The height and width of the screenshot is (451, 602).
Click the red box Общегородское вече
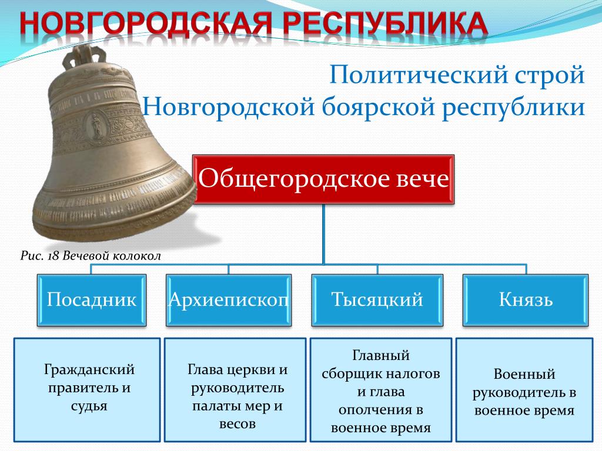tap(323, 179)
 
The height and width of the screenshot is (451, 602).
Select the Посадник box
tap(91, 300)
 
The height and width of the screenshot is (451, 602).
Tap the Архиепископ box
tap(229, 300)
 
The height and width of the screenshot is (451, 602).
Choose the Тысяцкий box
tap(377, 300)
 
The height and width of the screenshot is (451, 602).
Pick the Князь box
tap(526, 300)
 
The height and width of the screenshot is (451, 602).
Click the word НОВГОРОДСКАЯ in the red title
tap(146, 23)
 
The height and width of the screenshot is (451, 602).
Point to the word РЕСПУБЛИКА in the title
tap(386, 23)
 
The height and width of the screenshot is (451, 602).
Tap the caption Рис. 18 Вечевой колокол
tap(91, 256)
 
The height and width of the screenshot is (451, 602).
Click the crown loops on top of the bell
tap(85, 56)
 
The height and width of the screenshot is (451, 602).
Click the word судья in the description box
tap(89, 406)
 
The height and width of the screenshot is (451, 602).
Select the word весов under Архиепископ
tap(238, 424)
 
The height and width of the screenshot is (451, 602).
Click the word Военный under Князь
tap(524, 374)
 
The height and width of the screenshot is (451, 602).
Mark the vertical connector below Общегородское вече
tap(323, 234)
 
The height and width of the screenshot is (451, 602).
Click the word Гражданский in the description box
tap(89, 370)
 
